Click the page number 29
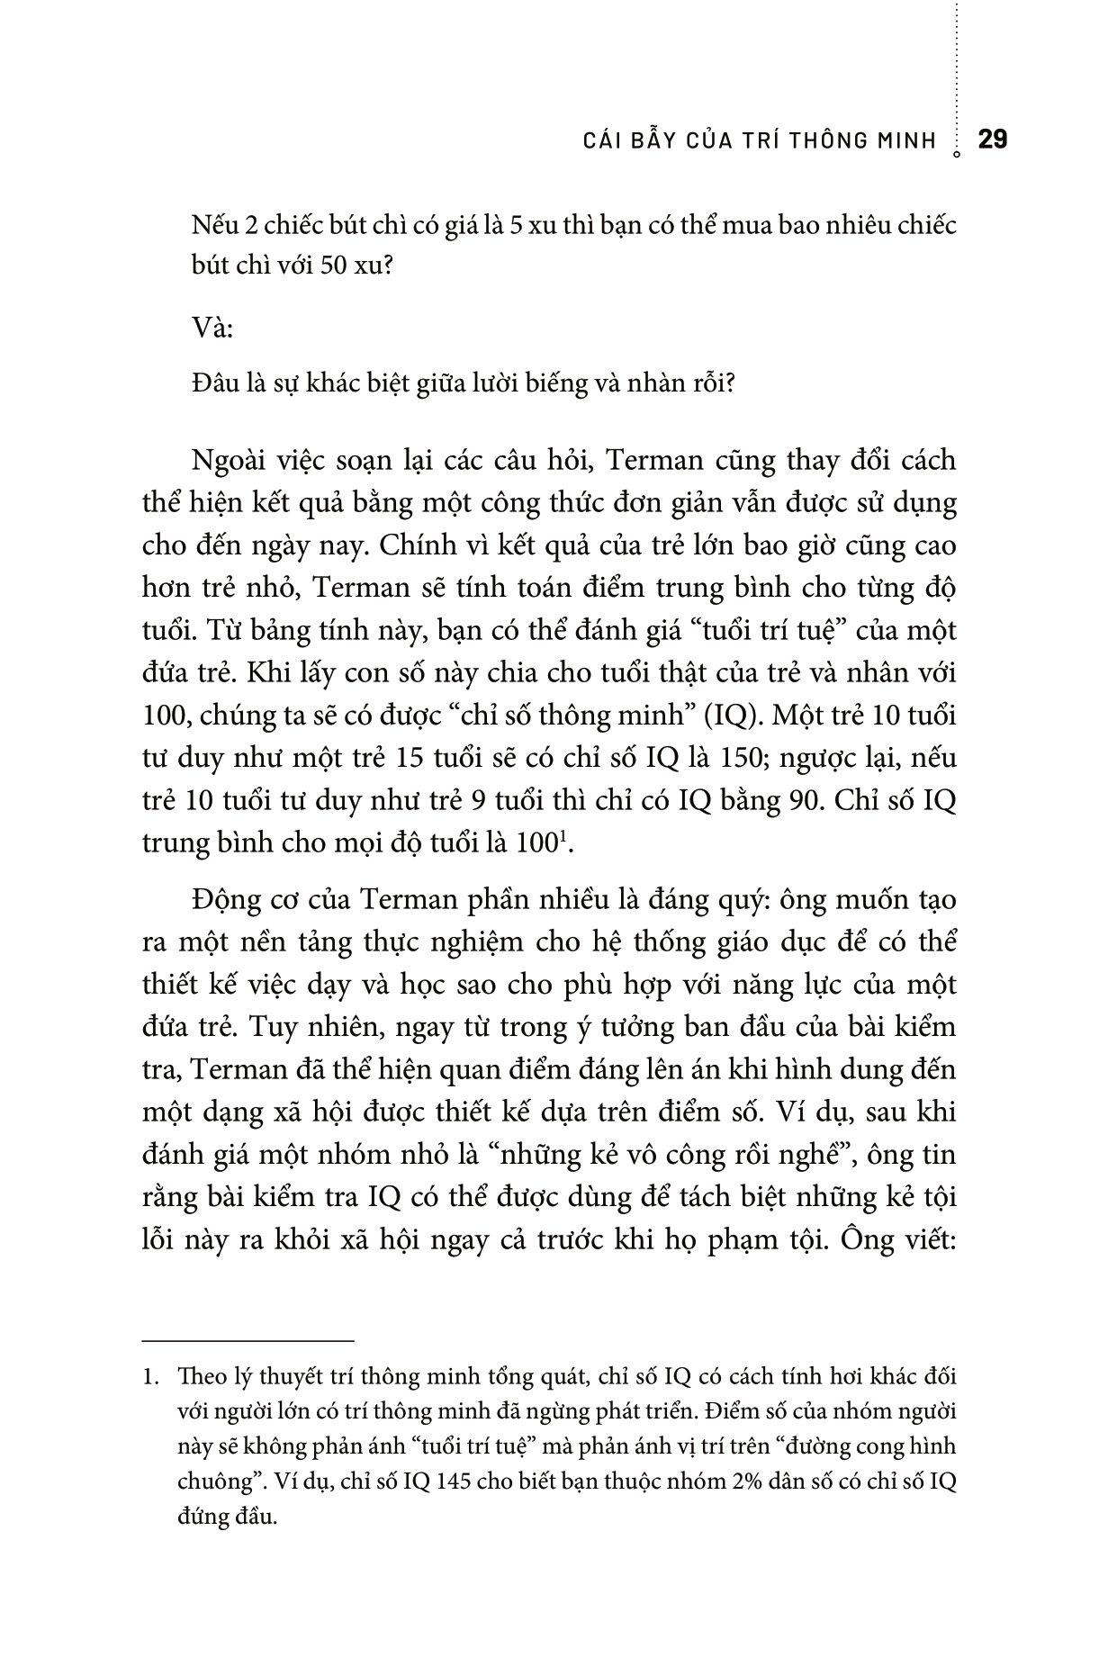(992, 140)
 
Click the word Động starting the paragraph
(223, 900)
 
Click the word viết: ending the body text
(919, 1239)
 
